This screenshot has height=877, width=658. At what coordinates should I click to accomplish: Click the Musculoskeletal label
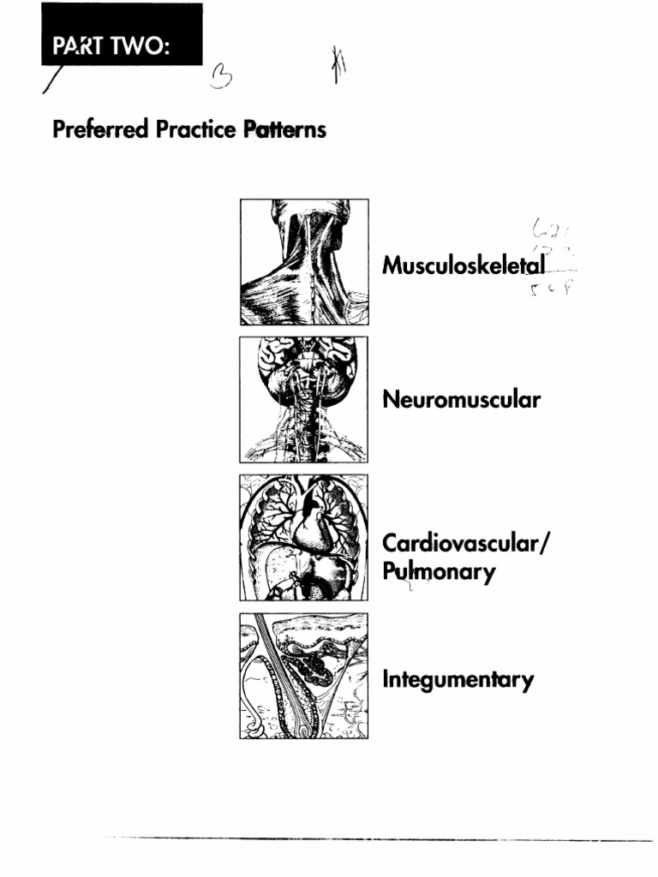464,266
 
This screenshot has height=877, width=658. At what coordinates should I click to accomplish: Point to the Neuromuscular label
461,399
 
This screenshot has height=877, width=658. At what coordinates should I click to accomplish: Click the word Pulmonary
439,571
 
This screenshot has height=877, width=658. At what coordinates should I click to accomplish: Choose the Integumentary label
458,681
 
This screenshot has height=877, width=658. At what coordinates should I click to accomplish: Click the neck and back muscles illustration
304,262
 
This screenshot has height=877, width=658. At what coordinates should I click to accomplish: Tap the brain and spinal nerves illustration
304,399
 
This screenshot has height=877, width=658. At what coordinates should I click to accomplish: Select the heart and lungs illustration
304,538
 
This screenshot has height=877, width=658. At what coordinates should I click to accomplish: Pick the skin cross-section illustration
304,676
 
